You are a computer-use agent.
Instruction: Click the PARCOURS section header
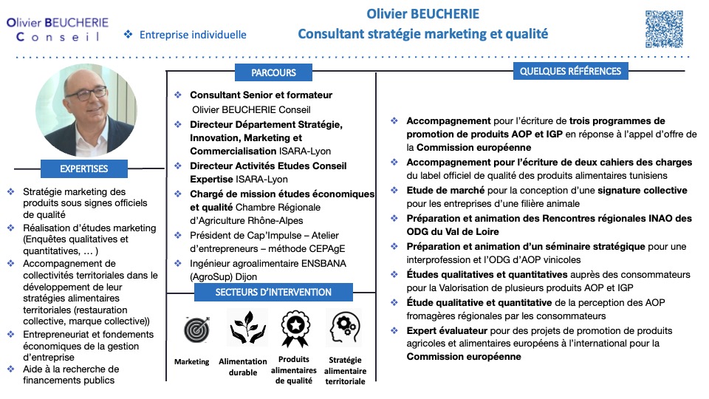pos(273,72)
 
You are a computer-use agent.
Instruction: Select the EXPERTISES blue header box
pos(84,168)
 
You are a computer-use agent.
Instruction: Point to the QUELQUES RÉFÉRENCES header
pos(571,71)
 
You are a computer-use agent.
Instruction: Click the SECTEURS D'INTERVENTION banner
pos(273,292)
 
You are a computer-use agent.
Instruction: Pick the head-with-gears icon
pos(344,327)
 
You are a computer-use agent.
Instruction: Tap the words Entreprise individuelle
pos(193,35)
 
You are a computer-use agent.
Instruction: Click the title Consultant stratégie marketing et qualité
pos(423,34)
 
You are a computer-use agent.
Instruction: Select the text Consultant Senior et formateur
pos(261,95)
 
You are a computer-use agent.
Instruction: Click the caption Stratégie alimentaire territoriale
pos(345,371)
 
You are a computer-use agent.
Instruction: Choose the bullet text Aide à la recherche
pos(71,369)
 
